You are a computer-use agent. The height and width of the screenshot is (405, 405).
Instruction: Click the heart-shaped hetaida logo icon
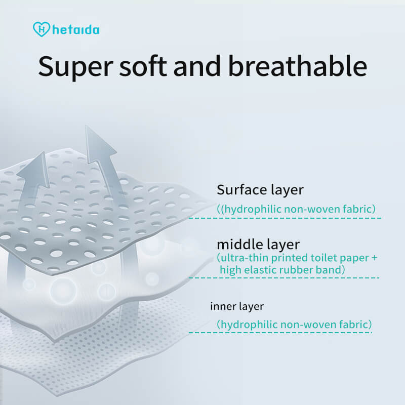tap(42, 29)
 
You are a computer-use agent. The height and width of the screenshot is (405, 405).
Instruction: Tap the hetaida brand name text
tap(75, 29)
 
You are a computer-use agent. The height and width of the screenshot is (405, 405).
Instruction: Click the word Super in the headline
tap(75, 66)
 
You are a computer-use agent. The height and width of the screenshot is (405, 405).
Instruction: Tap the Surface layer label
tap(260, 190)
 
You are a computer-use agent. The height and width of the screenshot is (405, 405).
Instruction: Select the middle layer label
tap(258, 244)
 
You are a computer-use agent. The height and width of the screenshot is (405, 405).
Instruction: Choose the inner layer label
tap(237, 306)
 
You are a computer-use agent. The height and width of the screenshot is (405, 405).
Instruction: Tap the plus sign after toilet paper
tap(374, 258)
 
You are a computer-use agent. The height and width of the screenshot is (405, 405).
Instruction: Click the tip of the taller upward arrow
tap(86, 126)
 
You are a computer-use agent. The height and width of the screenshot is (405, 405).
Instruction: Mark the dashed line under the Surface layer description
tap(285, 218)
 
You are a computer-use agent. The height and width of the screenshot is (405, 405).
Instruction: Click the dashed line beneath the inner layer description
tap(280, 333)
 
